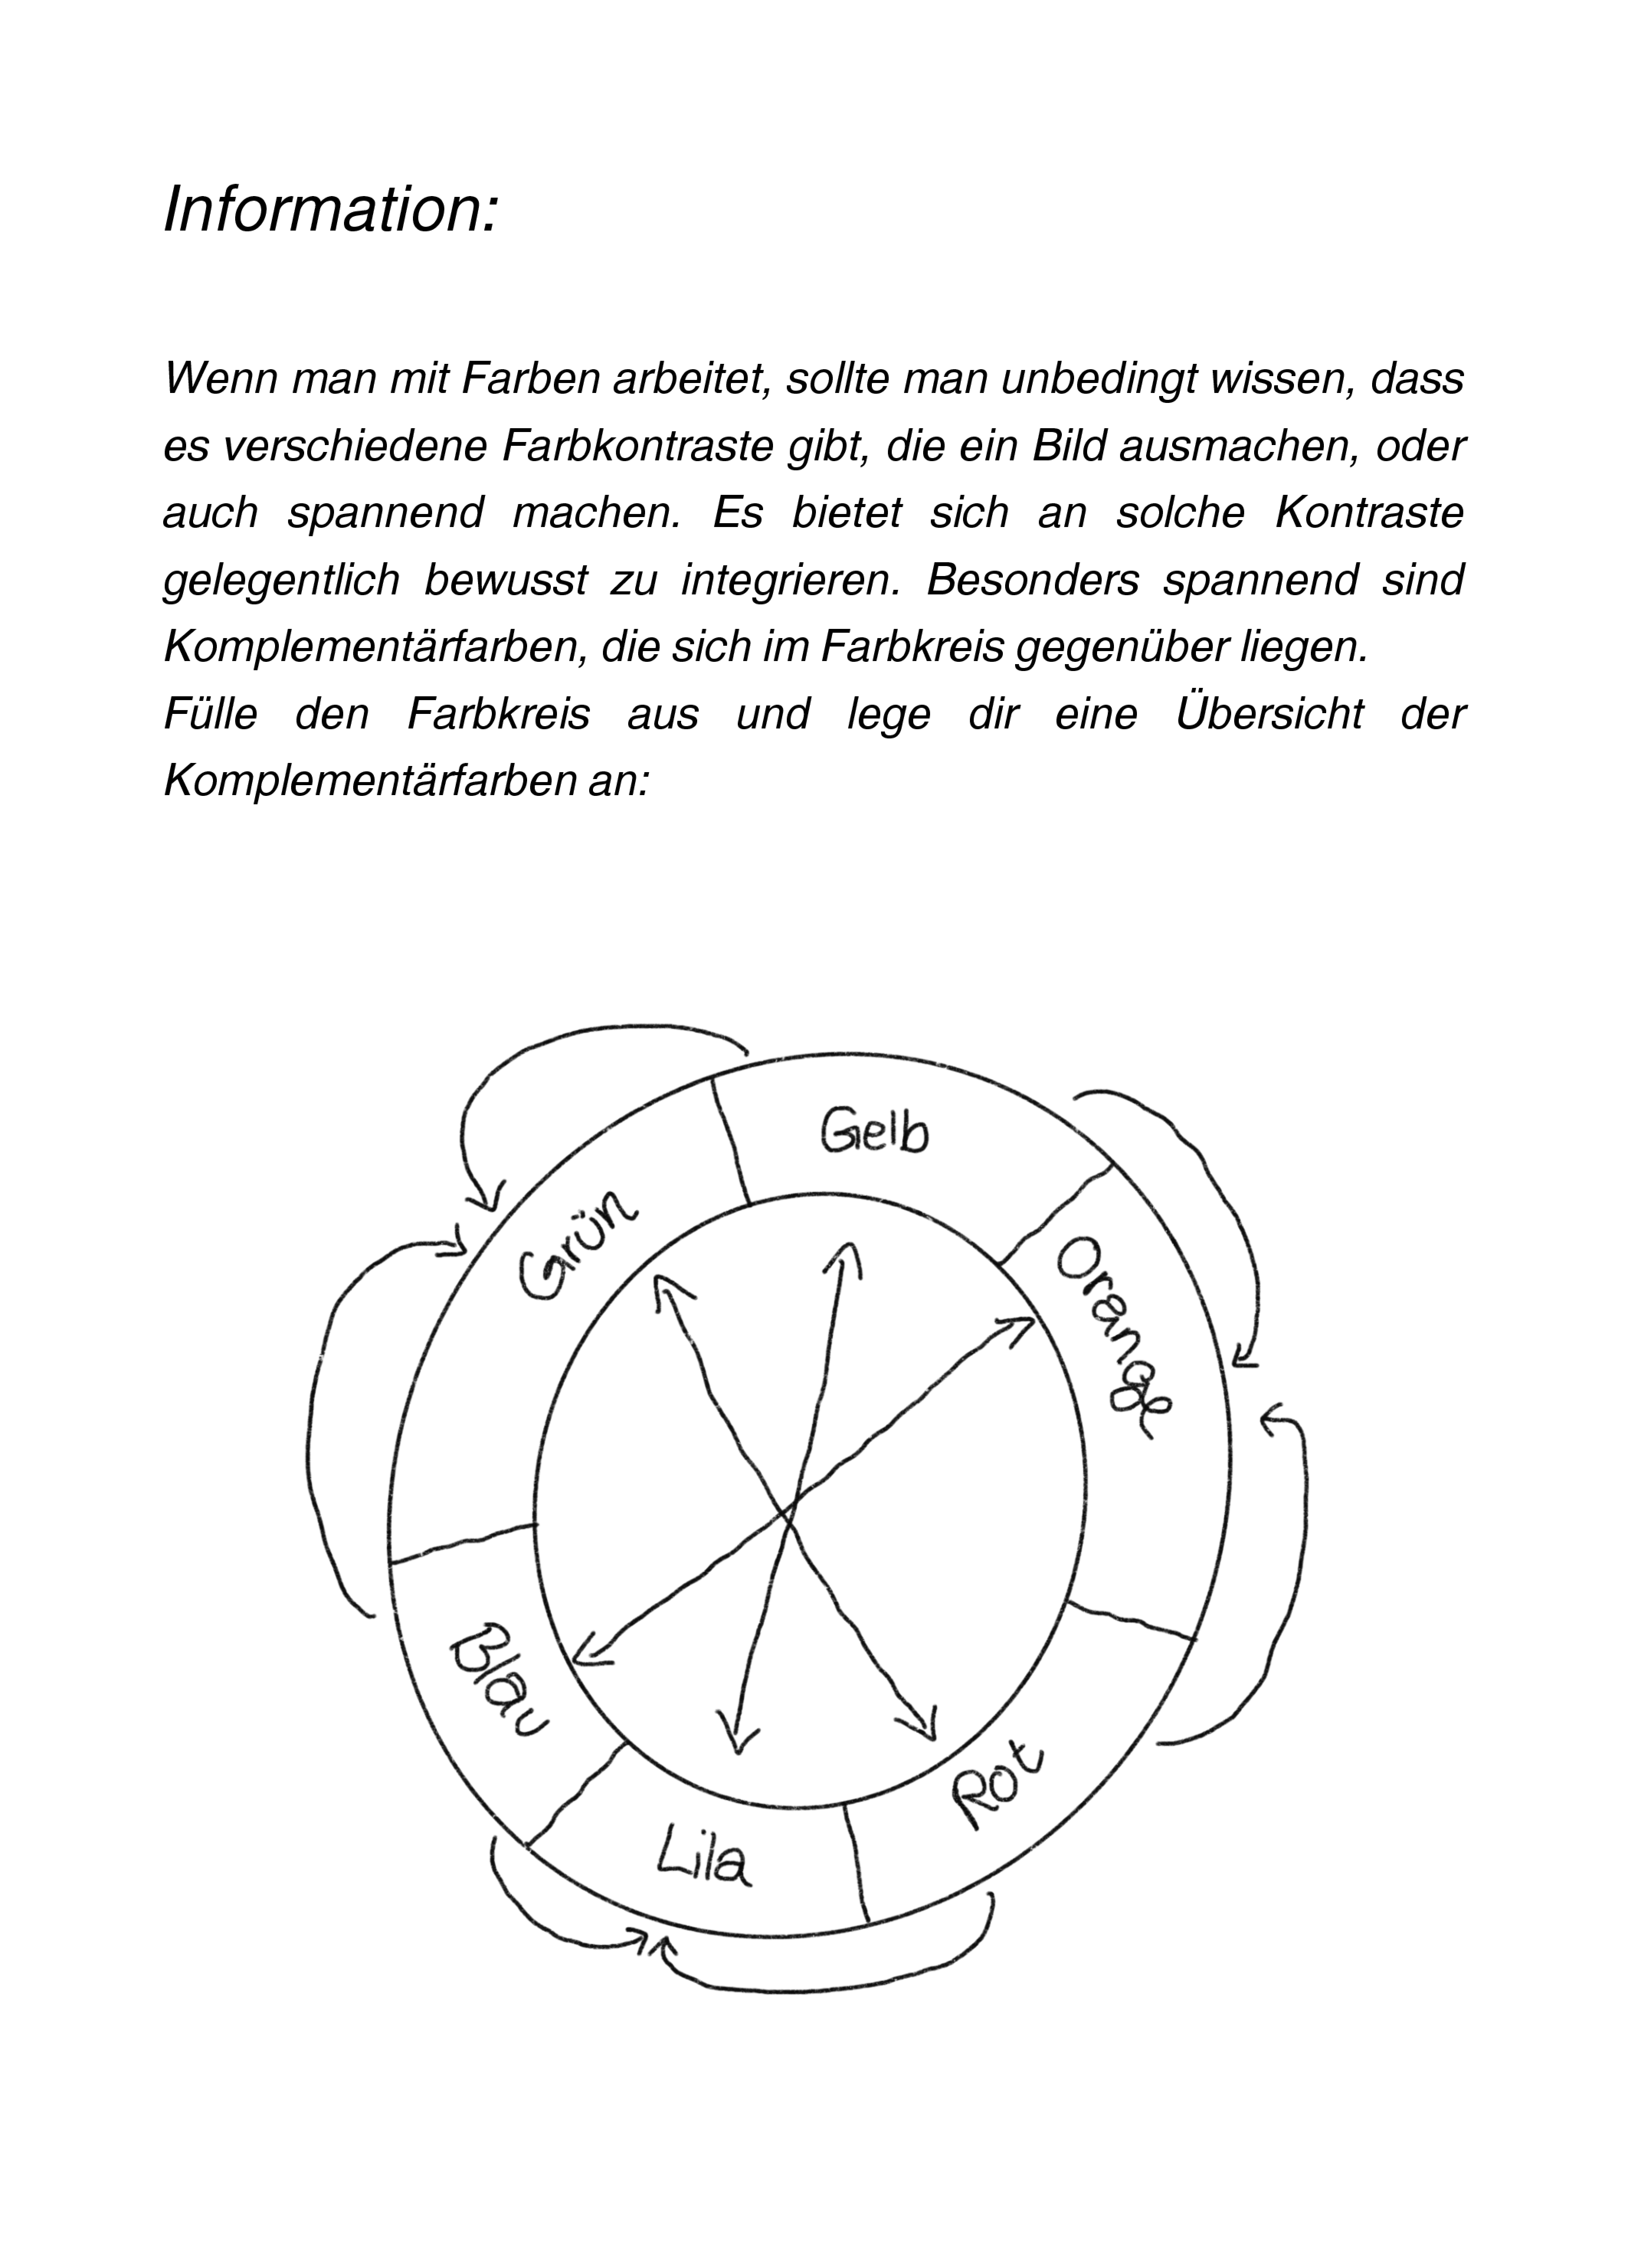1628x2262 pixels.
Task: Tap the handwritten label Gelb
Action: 874,1132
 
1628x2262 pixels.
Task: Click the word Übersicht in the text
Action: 1269,714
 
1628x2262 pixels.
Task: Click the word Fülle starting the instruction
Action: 210,714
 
